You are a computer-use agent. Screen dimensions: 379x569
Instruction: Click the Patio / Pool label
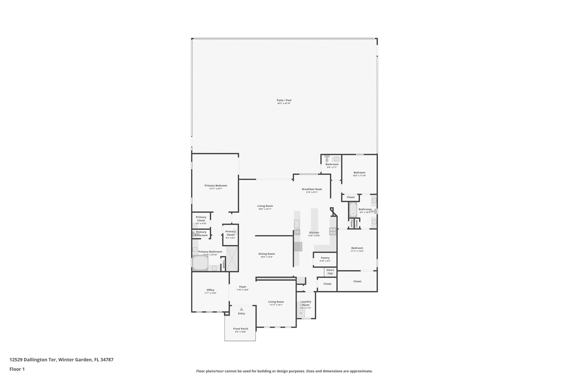click(x=284, y=100)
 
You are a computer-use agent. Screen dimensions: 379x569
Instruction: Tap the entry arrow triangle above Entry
click(x=241, y=309)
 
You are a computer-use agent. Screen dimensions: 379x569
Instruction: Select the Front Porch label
click(x=241, y=329)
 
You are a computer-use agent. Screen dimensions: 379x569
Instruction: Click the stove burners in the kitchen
click(x=333, y=231)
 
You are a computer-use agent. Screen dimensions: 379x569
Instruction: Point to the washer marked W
click(x=301, y=313)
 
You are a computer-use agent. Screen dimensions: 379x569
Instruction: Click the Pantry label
click(x=325, y=258)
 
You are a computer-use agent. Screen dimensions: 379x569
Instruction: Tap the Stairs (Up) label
click(x=330, y=272)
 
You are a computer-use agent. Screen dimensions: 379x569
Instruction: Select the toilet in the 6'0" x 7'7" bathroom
click(x=327, y=159)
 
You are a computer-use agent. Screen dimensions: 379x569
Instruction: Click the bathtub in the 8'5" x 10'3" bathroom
click(x=353, y=210)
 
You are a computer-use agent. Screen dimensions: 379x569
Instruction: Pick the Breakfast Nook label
click(x=312, y=189)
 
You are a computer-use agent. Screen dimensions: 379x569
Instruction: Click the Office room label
click(x=210, y=290)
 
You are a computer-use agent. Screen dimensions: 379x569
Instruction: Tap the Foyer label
click(x=243, y=287)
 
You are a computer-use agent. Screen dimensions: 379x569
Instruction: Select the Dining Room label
click(x=266, y=254)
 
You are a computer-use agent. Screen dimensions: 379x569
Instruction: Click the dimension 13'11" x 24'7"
click(x=216, y=189)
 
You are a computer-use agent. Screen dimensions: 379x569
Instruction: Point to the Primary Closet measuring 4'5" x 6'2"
click(x=230, y=233)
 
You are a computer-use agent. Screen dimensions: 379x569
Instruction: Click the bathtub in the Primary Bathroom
click(x=200, y=263)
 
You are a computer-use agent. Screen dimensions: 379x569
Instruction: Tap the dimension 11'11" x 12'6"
click(x=357, y=251)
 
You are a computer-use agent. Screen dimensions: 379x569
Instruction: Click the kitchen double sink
click(x=297, y=223)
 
